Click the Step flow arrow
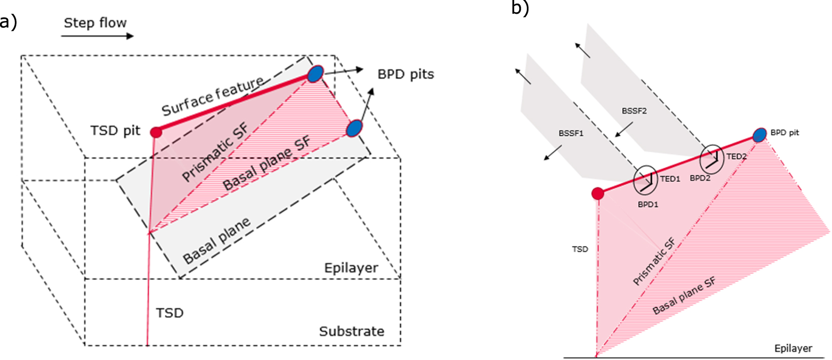click(97, 36)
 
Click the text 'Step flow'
click(95, 23)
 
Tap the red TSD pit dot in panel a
click(156, 133)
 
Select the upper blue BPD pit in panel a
click(315, 74)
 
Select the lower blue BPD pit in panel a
click(354, 128)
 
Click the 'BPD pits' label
click(405, 74)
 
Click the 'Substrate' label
click(351, 331)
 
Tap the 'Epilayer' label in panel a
click(351, 268)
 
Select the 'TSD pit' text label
click(115, 130)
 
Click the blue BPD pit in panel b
click(759, 135)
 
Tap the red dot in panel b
click(598, 193)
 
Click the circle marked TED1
click(646, 180)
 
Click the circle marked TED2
click(712, 159)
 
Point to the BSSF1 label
click(571, 133)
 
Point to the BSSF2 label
click(634, 111)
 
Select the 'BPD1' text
click(648, 205)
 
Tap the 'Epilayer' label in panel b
click(793, 348)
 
